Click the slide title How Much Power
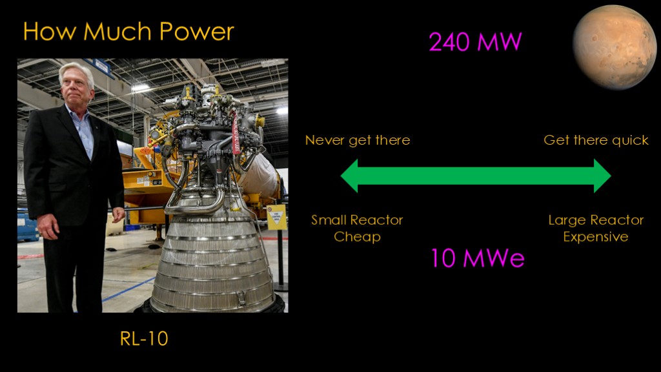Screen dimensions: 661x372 128,32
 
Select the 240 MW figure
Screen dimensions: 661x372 475,42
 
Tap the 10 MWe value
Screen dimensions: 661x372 478,258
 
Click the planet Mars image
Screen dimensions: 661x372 615,46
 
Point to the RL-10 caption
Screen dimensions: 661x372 144,338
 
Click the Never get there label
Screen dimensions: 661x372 358,140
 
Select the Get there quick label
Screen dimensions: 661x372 596,140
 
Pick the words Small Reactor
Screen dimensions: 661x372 357,220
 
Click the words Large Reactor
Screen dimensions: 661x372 596,220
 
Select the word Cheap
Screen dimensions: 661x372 357,236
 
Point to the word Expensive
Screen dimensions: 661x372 596,236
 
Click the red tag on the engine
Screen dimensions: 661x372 235,133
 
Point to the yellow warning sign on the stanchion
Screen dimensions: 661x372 276,218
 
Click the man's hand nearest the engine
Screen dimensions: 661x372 119,214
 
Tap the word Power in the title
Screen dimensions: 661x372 196,32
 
